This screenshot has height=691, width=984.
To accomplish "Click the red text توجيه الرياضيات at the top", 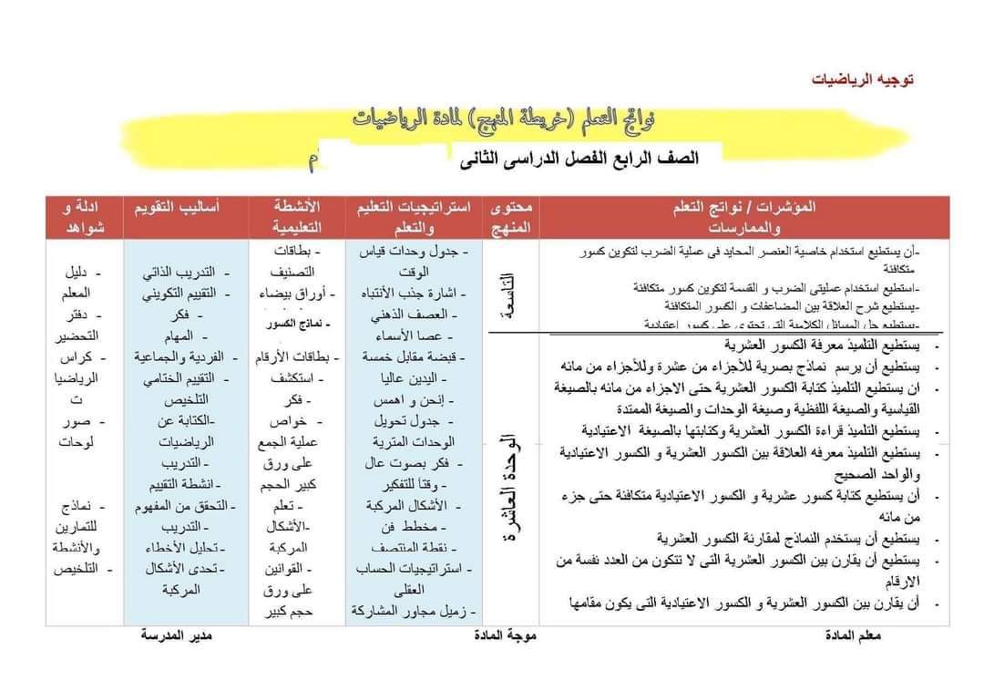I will pyautogui.click(x=862, y=79).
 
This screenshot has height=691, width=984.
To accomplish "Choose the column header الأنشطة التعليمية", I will pyautogui.click(x=296, y=216).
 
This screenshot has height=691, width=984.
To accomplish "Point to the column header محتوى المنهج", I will pyautogui.click(x=511, y=216).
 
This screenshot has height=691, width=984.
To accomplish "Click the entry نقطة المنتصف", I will pyautogui.click(x=421, y=548).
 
